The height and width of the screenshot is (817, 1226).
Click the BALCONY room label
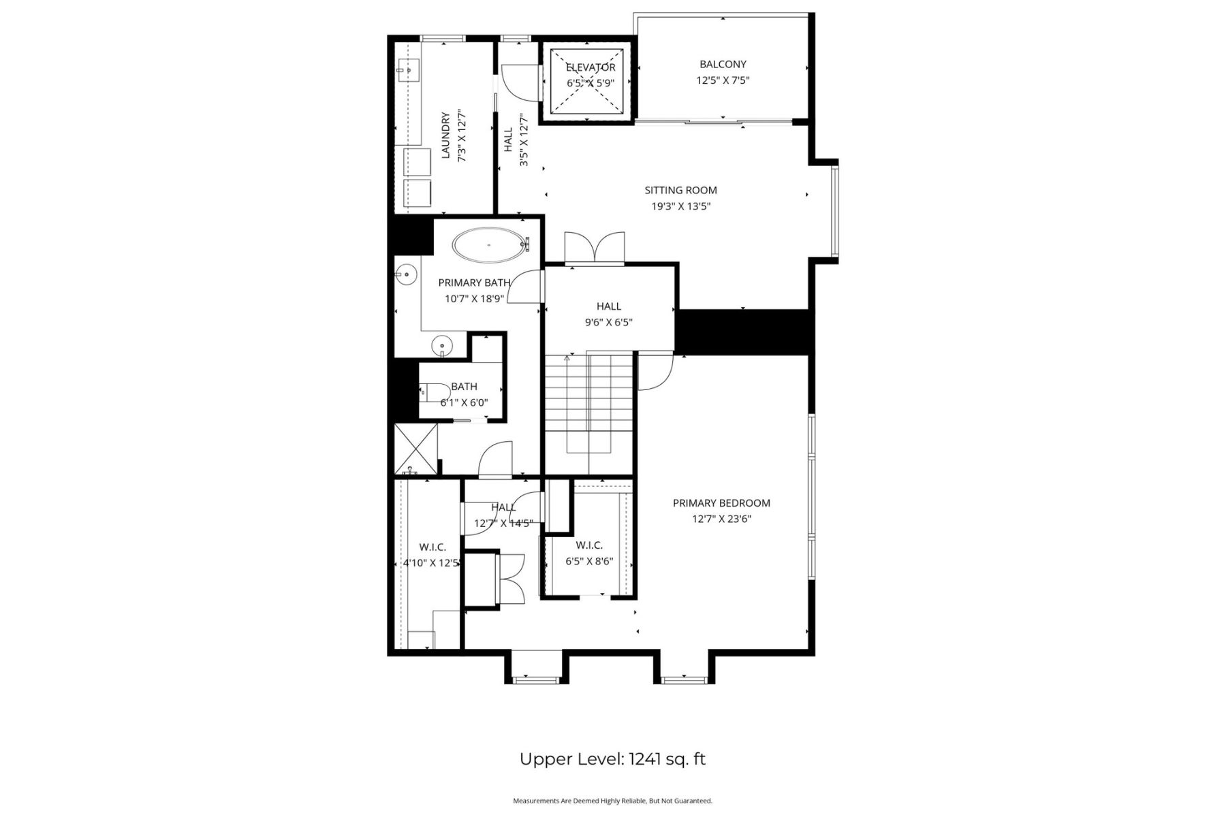point(723,64)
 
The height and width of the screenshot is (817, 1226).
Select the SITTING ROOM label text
point(680,190)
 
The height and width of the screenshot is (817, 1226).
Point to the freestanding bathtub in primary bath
point(489,244)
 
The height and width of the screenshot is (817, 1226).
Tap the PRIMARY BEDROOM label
point(721,503)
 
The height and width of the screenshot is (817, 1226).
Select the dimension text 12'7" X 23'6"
point(721,519)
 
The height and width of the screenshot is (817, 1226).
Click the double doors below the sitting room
point(595,248)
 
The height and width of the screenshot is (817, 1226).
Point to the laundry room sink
point(409,68)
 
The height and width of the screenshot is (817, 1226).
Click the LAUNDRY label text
point(446,135)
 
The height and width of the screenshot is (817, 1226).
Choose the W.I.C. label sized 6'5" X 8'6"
point(589,545)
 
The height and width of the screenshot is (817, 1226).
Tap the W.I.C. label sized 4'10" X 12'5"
point(432,547)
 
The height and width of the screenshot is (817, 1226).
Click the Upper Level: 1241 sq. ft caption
point(612,759)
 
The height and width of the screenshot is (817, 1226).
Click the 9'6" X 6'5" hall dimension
point(608,323)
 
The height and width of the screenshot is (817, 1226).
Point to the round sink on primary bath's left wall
point(407,274)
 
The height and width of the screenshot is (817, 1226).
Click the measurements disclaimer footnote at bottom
point(612,801)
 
